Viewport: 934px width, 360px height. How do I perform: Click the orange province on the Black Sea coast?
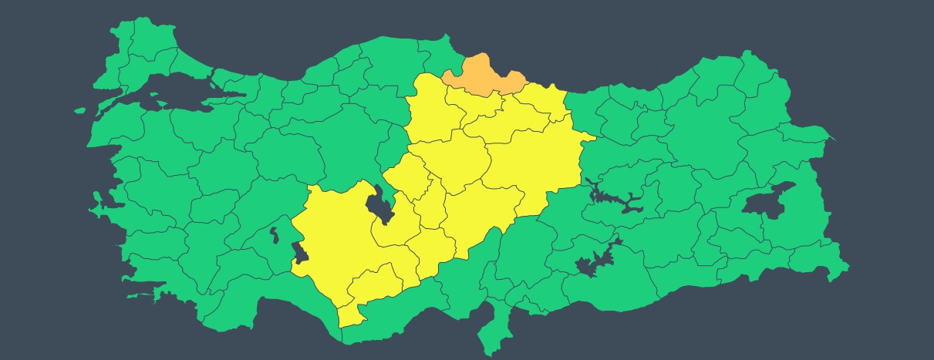point(484,75)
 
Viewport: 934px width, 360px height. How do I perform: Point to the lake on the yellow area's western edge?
point(299,253)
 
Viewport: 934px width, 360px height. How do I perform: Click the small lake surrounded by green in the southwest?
point(275,234)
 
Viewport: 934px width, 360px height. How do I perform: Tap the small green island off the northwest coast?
point(79,110)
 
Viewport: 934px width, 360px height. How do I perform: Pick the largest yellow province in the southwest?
point(339,231)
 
